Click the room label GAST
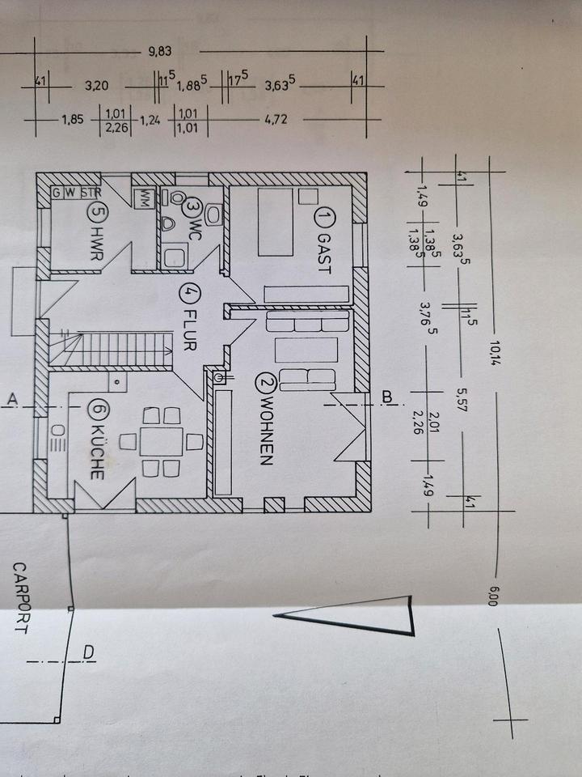(324, 253)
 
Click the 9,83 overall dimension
(161, 52)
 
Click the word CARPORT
(19, 599)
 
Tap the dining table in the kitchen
(161, 442)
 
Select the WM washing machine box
(146, 197)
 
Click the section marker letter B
(386, 397)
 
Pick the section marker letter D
(88, 652)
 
